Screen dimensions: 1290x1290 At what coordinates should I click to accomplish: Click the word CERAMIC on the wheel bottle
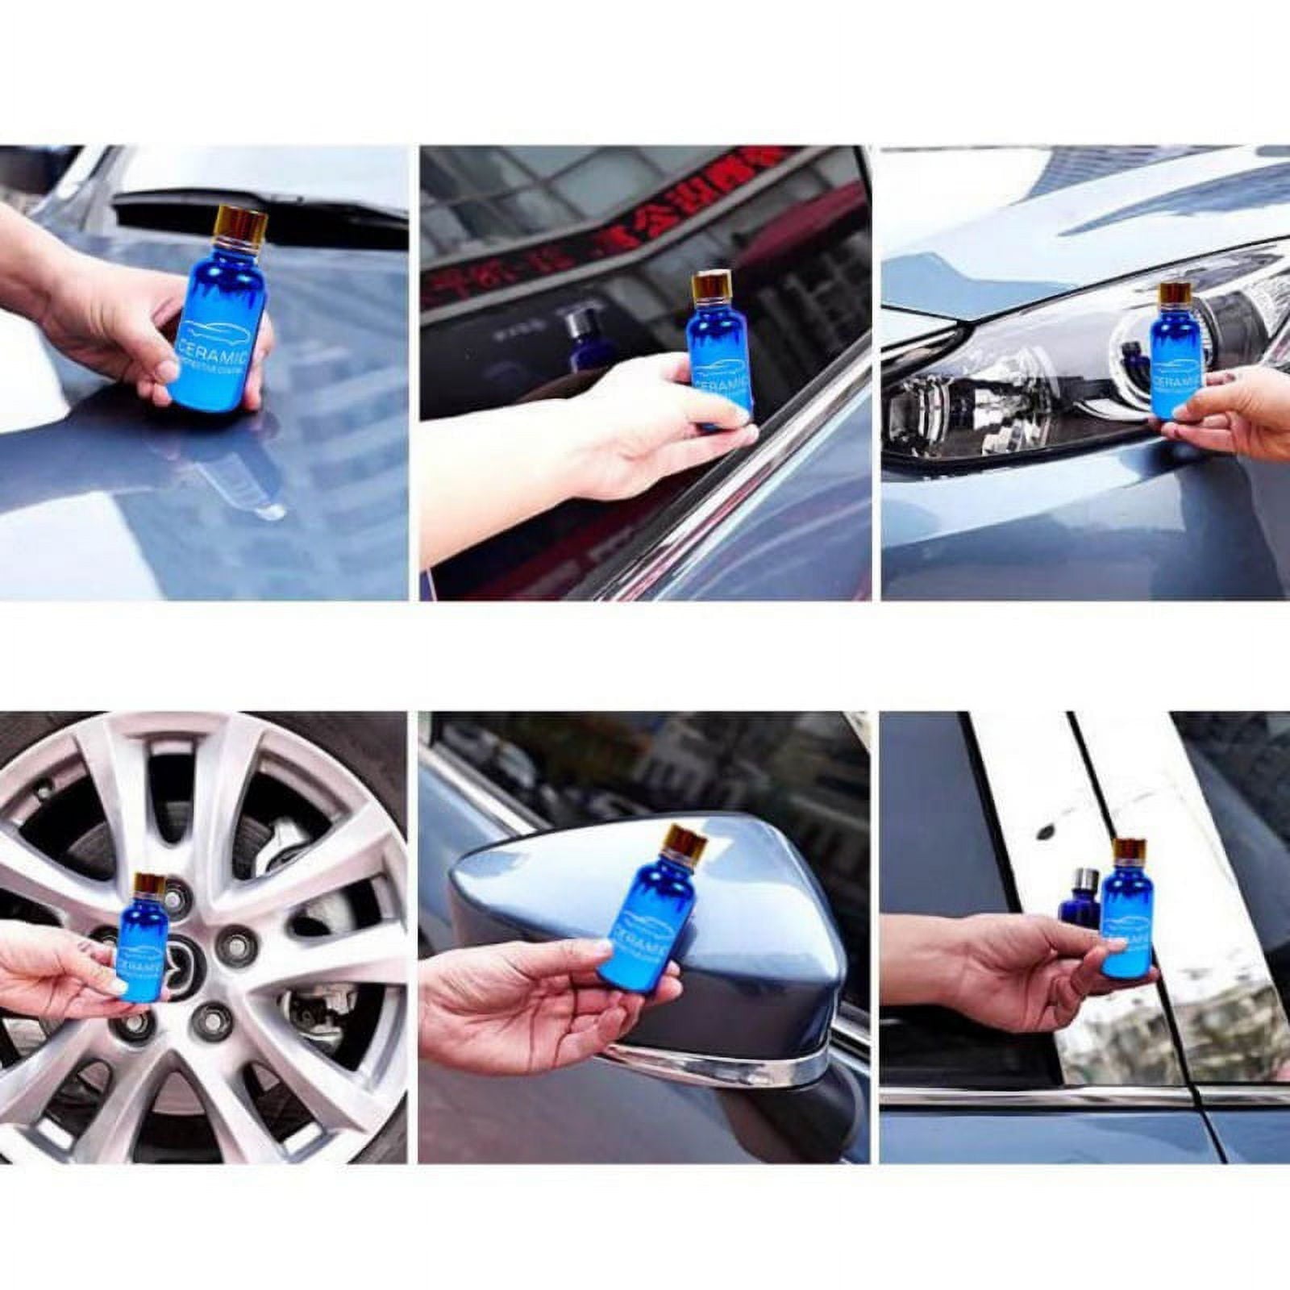click(x=142, y=964)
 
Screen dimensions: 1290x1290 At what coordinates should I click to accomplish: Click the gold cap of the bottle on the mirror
click(x=686, y=844)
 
